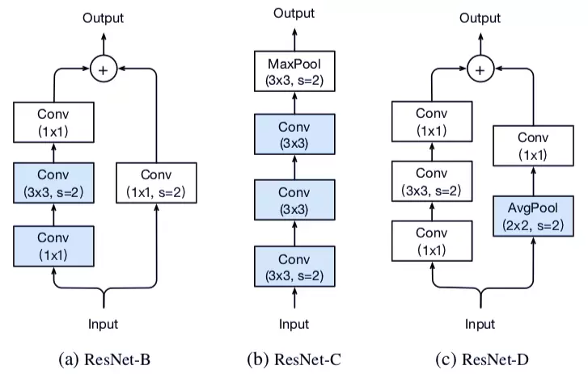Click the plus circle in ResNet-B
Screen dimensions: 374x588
pos(103,69)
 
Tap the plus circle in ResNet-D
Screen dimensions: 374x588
pos(480,69)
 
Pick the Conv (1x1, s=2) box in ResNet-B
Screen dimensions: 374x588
pos(157,183)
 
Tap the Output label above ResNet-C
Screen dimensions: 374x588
pos(294,14)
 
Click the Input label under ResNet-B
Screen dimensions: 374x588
pos(104,324)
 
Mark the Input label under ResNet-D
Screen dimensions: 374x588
pos(480,324)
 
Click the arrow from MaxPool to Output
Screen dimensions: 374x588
pos(294,38)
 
